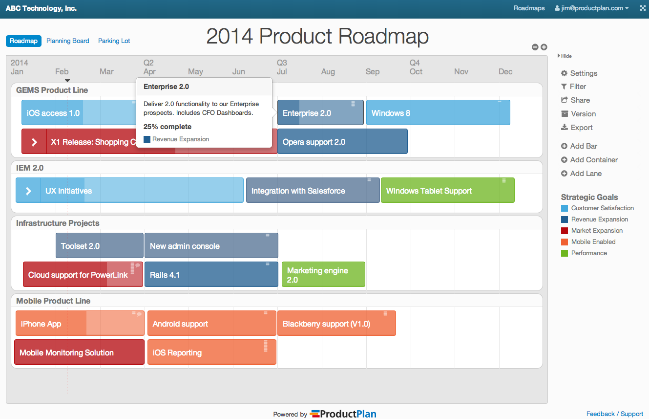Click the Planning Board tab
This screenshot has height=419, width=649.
pyautogui.click(x=67, y=41)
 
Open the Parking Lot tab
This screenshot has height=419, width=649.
pyautogui.click(x=114, y=41)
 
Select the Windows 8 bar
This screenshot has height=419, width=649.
pyautogui.click(x=438, y=113)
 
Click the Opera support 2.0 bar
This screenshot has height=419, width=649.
pyautogui.click(x=342, y=142)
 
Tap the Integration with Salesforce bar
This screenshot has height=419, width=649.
pyautogui.click(x=313, y=191)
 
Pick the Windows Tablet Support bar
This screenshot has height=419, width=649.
pyautogui.click(x=447, y=191)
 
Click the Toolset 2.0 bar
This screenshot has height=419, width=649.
pyautogui.click(x=99, y=246)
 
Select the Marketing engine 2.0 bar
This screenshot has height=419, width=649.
pyautogui.click(x=323, y=275)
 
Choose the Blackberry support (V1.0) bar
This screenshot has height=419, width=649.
pyautogui.click(x=336, y=324)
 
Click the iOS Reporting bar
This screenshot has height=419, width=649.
pyautogui.click(x=211, y=353)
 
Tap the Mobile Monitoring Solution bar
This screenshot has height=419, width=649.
pyautogui.click(x=79, y=353)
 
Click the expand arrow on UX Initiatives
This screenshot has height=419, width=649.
pyautogui.click(x=28, y=191)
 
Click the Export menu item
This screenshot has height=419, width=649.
pyautogui.click(x=581, y=128)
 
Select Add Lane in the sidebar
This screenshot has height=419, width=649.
pyautogui.click(x=585, y=174)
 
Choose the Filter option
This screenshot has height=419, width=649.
pyautogui.click(x=577, y=87)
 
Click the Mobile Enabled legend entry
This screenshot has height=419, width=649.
pyautogui.click(x=593, y=242)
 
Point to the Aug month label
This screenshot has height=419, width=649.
pyautogui.click(x=328, y=72)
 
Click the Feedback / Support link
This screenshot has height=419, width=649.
pyautogui.click(x=614, y=414)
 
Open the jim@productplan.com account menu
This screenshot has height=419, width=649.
pyautogui.click(x=591, y=8)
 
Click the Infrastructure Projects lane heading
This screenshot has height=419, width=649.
pyautogui.click(x=58, y=223)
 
